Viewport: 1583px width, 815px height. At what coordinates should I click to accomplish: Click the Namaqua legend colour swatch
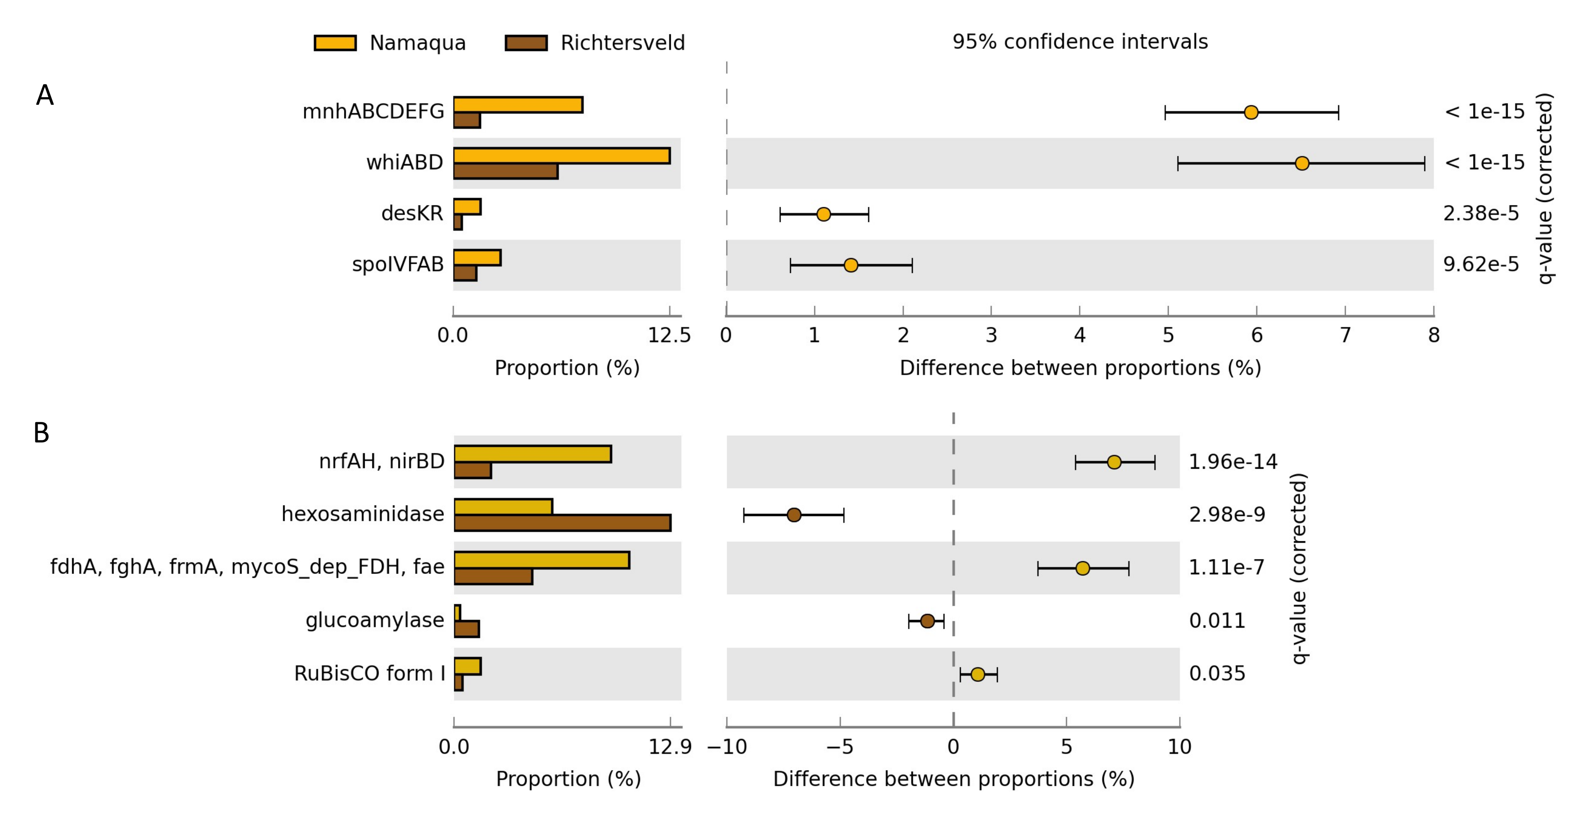pyautogui.click(x=335, y=43)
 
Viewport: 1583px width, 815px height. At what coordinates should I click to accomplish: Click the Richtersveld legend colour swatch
pyautogui.click(x=526, y=43)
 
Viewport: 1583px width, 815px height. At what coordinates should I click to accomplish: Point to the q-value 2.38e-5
pyautogui.click(x=1480, y=213)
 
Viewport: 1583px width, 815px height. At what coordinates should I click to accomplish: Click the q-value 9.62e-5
pyautogui.click(x=1480, y=264)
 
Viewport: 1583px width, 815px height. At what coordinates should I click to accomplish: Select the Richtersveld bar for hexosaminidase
pyautogui.click(x=562, y=523)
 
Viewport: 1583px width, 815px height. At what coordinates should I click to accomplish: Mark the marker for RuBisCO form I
pyautogui.click(x=978, y=674)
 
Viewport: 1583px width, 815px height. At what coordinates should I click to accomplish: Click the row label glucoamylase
pyautogui.click(x=375, y=620)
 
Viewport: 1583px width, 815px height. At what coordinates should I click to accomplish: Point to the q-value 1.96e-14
pyautogui.click(x=1233, y=461)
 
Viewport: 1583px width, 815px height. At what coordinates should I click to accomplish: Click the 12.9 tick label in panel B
pyautogui.click(x=670, y=747)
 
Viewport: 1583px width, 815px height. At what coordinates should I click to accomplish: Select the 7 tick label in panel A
pyautogui.click(x=1345, y=336)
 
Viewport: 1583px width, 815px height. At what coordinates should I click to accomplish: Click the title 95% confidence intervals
pyautogui.click(x=1080, y=42)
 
